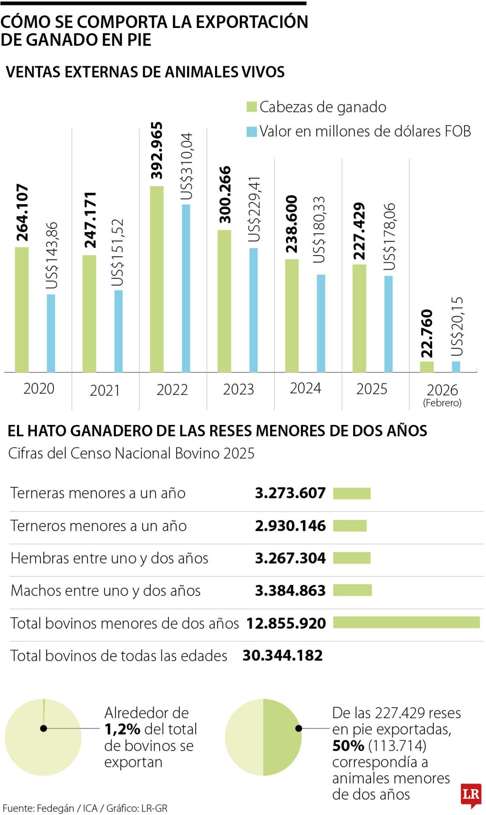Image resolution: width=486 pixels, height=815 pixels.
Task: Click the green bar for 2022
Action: pos(157,279)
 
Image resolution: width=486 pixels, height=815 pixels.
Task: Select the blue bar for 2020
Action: pos(51,333)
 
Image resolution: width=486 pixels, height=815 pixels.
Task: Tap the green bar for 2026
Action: pos(427,367)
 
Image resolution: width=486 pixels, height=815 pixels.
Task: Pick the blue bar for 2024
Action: pos(321,323)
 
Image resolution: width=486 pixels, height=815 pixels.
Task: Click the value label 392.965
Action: pos(157,150)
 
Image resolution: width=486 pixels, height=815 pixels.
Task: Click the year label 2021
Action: pos(105,390)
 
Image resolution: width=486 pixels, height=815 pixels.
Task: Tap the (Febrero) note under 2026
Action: pos(442,402)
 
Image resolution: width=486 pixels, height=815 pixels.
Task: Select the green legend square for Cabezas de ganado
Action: pos(252,107)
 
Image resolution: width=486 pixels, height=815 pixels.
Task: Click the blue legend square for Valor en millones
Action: pos(252,132)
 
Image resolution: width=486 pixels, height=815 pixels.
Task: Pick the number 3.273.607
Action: pos(290,493)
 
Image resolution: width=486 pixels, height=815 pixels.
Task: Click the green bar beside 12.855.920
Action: pos(406,622)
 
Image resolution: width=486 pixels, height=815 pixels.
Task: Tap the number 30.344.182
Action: pos(282,655)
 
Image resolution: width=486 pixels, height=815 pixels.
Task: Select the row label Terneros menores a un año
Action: pos(98,526)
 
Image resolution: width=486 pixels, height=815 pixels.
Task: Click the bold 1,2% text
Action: pos(122,729)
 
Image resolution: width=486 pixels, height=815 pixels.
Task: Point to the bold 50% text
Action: pos(348,745)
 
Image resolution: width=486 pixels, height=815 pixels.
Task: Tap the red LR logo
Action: pos(471,795)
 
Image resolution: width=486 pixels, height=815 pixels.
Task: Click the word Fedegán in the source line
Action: pos(56,808)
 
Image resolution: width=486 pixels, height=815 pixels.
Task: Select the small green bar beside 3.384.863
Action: pos(352,590)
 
